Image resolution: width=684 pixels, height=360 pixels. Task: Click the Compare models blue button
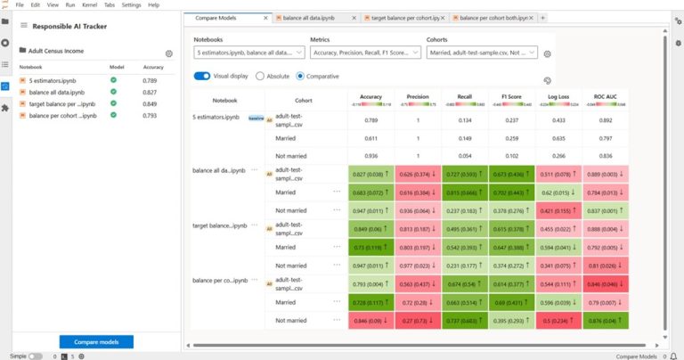coord(96,341)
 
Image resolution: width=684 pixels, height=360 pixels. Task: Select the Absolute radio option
coord(260,76)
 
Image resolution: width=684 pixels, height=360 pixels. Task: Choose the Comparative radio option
coord(300,76)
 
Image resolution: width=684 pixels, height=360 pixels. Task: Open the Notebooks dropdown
coord(248,53)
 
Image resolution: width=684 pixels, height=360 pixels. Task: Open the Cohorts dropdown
coord(481,53)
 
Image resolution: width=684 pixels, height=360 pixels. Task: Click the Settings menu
coord(131,4)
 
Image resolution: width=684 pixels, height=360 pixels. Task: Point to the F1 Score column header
coord(511,96)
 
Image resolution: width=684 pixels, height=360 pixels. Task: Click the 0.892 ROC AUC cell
coord(605,120)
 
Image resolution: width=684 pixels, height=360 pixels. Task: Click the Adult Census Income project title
coord(59,51)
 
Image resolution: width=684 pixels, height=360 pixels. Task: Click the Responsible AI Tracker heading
coord(70,26)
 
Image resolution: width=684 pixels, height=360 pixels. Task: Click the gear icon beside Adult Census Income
coord(169,53)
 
